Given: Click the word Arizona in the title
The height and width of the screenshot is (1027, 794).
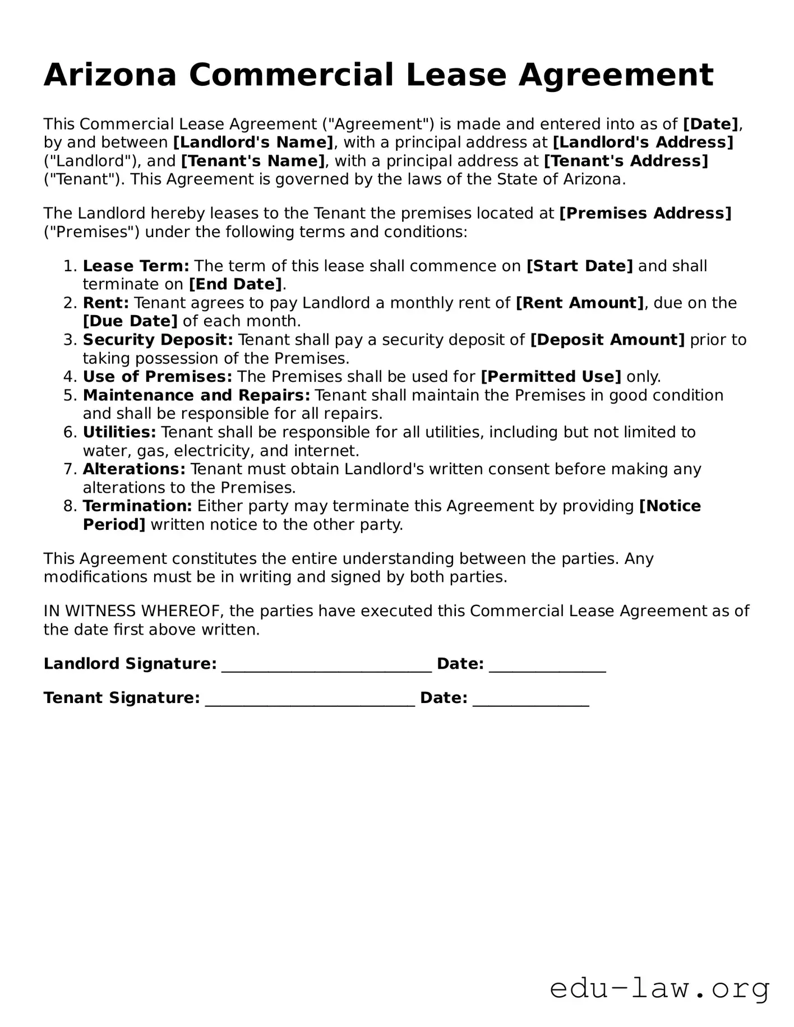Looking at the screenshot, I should coord(110,75).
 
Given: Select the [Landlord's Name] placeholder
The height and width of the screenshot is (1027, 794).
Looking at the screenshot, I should coord(253,142).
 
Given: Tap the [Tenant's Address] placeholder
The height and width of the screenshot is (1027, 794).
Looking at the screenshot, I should coord(626,161).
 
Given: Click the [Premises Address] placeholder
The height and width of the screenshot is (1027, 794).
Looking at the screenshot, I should coord(645,214).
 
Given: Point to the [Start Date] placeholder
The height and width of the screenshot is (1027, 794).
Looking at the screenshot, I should coord(579,266).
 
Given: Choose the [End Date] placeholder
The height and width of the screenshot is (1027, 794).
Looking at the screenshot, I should coord(236,284).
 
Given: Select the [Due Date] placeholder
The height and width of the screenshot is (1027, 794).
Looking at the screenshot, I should coord(130,321).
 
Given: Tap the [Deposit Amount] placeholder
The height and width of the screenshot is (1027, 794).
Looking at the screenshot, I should coord(607,340).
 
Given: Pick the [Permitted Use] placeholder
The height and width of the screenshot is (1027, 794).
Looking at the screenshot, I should coord(551,377).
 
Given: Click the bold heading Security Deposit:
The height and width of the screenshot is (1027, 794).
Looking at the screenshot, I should coord(158,340).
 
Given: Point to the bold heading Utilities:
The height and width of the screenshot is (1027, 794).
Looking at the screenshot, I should coord(119,432).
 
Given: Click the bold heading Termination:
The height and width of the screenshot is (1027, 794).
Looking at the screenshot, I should coord(137,506).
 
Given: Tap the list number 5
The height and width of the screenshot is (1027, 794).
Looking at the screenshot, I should coord(69,395).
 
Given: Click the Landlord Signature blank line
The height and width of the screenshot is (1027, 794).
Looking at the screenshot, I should coord(326,665).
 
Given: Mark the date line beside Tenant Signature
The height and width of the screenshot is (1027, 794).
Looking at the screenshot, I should coord(530,699).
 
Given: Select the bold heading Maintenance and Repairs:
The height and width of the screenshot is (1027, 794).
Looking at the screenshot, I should coord(196,395).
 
